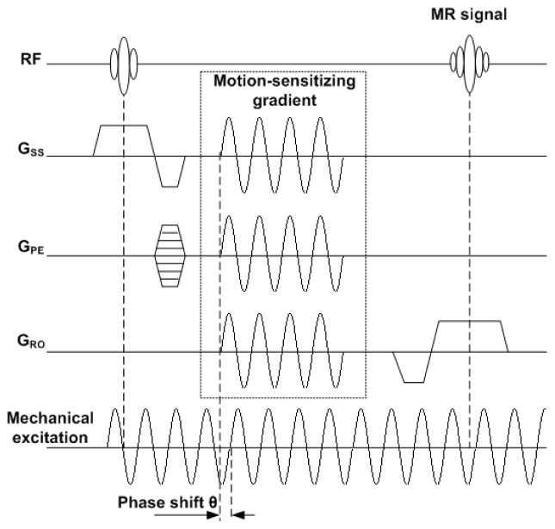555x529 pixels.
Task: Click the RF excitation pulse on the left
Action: click(124, 62)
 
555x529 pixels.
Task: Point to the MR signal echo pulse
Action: click(469, 62)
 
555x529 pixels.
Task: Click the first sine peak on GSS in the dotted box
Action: click(229, 120)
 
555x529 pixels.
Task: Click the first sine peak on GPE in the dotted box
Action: click(229, 219)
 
